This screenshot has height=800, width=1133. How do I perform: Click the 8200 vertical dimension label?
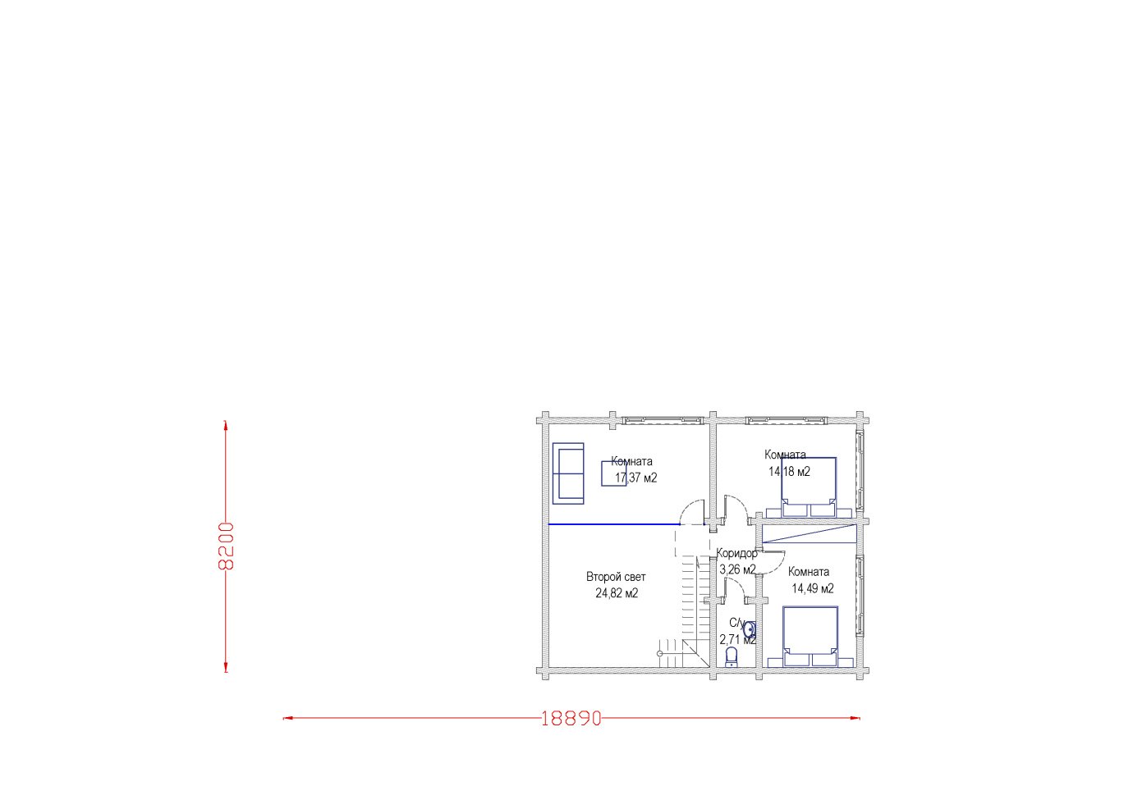(226, 546)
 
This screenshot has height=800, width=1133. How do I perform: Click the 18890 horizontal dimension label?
(571, 718)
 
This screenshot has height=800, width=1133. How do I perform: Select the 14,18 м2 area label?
(789, 472)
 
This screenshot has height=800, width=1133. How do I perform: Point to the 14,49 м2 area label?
(812, 588)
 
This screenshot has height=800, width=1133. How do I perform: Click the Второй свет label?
(616, 577)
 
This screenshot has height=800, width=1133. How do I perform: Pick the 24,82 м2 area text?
(617, 592)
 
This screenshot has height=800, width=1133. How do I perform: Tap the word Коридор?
(737, 553)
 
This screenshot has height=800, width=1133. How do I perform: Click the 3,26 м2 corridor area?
(737, 569)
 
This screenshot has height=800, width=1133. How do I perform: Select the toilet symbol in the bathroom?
(732, 657)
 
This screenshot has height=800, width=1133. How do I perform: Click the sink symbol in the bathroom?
(750, 629)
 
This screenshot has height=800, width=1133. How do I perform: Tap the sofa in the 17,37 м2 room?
(568, 473)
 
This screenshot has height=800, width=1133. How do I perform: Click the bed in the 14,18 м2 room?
(808, 487)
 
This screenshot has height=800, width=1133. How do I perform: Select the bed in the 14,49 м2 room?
(810, 636)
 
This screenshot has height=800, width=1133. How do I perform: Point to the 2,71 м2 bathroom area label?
(738, 640)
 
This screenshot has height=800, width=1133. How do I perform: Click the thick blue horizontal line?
(614, 524)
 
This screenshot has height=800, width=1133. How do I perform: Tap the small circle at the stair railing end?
(659, 654)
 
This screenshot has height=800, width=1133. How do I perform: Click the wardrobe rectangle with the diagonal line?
(809, 533)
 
